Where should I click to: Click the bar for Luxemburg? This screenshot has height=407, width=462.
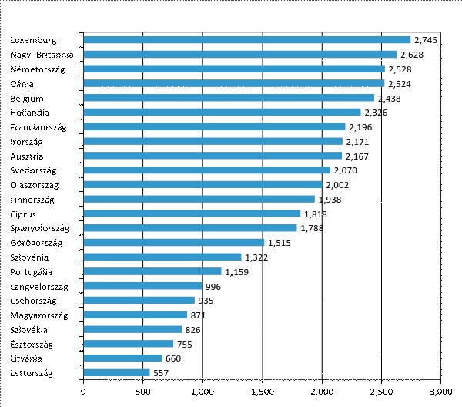246,39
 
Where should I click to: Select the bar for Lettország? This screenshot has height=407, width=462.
116,372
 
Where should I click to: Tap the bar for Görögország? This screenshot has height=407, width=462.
173,242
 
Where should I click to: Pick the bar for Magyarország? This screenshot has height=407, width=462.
135,314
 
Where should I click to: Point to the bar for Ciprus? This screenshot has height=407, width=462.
192,214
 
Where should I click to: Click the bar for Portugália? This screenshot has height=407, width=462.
152,271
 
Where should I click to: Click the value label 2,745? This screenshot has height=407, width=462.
426,39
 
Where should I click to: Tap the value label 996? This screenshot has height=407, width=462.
214,286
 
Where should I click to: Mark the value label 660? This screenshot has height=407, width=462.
173,358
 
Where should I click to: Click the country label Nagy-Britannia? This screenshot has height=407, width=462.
42,54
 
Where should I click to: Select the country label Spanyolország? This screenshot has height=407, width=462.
40,228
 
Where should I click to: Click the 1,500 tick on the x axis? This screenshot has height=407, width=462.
262,390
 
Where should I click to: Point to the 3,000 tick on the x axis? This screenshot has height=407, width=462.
440,390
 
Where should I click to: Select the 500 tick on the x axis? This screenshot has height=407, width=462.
142,390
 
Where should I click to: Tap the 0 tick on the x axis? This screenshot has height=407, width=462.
83,390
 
